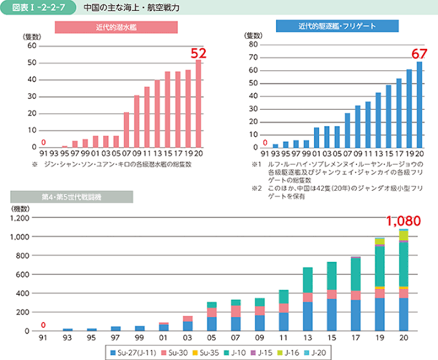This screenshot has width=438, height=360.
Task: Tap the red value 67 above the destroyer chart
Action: click(x=419, y=54)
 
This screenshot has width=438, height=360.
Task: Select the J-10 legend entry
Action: click(x=240, y=351)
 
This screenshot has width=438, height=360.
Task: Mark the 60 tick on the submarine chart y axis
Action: click(x=31, y=46)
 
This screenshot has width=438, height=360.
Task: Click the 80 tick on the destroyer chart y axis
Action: click(x=253, y=44)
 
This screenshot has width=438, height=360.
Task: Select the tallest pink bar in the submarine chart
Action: click(x=199, y=103)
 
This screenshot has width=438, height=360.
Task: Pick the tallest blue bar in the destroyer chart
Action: click(x=419, y=104)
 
